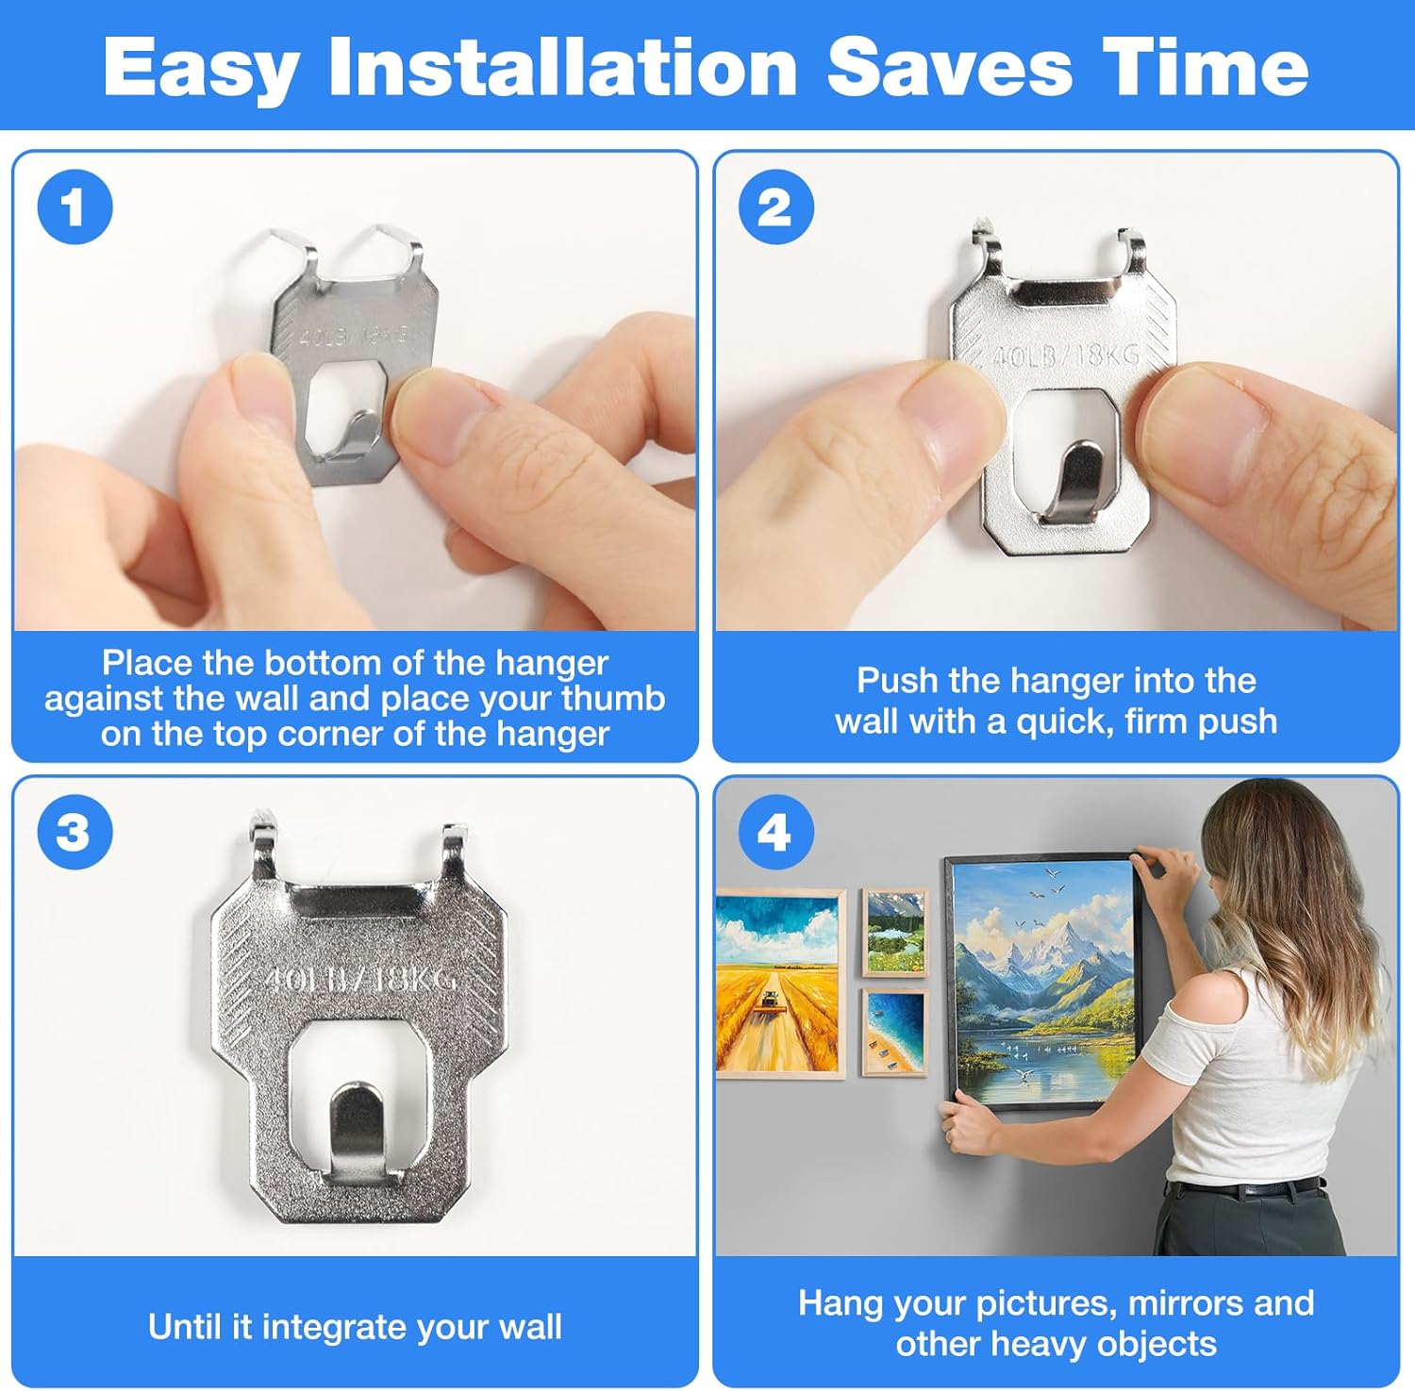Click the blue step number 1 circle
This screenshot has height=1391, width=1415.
coord(75,207)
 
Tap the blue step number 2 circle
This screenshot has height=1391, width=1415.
coord(775,207)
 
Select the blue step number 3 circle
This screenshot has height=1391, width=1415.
coord(75,833)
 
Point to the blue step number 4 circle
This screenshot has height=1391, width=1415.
coord(775,833)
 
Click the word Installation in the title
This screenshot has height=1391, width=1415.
coord(562,68)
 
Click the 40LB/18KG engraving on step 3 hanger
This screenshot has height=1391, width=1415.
coord(359,978)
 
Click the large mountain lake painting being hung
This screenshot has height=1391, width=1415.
coord(1042,981)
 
